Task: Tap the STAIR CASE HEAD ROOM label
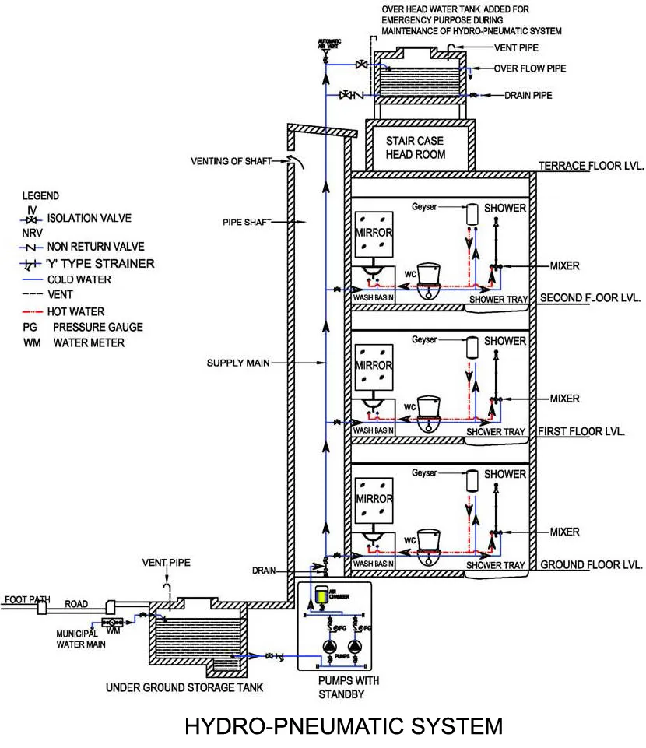coord(416,148)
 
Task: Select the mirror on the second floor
coord(373,233)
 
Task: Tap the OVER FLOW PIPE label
coord(529,68)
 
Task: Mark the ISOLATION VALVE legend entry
coord(89,219)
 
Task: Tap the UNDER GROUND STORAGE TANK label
coord(184,687)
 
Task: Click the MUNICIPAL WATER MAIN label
coord(76,639)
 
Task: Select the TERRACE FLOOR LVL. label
coord(589,167)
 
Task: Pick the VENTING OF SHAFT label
coord(232,161)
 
